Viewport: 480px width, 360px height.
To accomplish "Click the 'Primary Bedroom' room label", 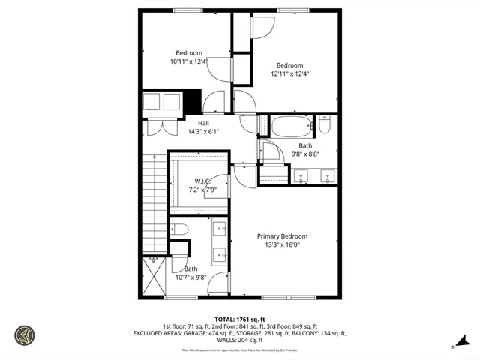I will tap(282, 236).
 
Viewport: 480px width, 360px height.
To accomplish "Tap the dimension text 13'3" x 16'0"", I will tap(282, 244).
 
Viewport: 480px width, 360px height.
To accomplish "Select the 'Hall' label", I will tap(203, 123).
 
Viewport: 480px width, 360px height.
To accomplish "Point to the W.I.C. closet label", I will tap(202, 181).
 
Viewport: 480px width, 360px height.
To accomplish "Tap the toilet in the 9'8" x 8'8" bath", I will tap(324, 124).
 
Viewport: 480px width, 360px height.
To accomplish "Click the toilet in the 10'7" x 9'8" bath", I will tap(178, 229).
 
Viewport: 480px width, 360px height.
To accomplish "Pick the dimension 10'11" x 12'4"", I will tap(188, 61).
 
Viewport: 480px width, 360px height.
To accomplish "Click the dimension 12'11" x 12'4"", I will tap(289, 73).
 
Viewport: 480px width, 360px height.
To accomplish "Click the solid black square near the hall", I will tap(193, 100).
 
